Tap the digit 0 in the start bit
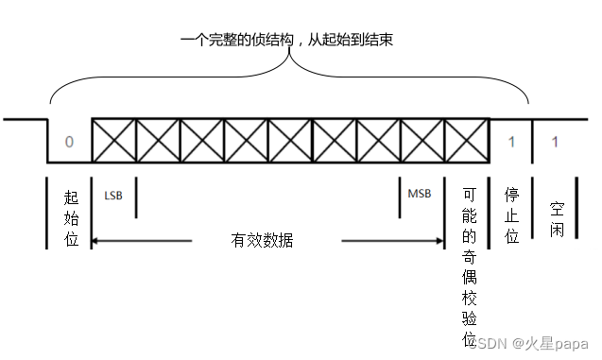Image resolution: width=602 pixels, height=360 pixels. (69, 142)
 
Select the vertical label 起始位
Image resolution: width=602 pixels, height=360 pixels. (71, 216)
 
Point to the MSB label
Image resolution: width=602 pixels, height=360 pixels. (419, 194)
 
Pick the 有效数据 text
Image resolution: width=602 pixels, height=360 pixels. (262, 241)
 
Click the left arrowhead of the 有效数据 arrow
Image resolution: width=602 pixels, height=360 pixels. (95, 241)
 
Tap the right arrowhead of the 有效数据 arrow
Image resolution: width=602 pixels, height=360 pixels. (439, 241)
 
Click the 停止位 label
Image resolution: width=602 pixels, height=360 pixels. (511, 216)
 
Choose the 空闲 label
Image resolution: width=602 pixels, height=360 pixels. (557, 216)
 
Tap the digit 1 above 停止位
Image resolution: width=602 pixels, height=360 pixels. (510, 142)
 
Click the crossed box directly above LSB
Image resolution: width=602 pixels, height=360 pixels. (113, 142)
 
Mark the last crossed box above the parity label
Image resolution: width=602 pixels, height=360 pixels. (466, 142)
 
